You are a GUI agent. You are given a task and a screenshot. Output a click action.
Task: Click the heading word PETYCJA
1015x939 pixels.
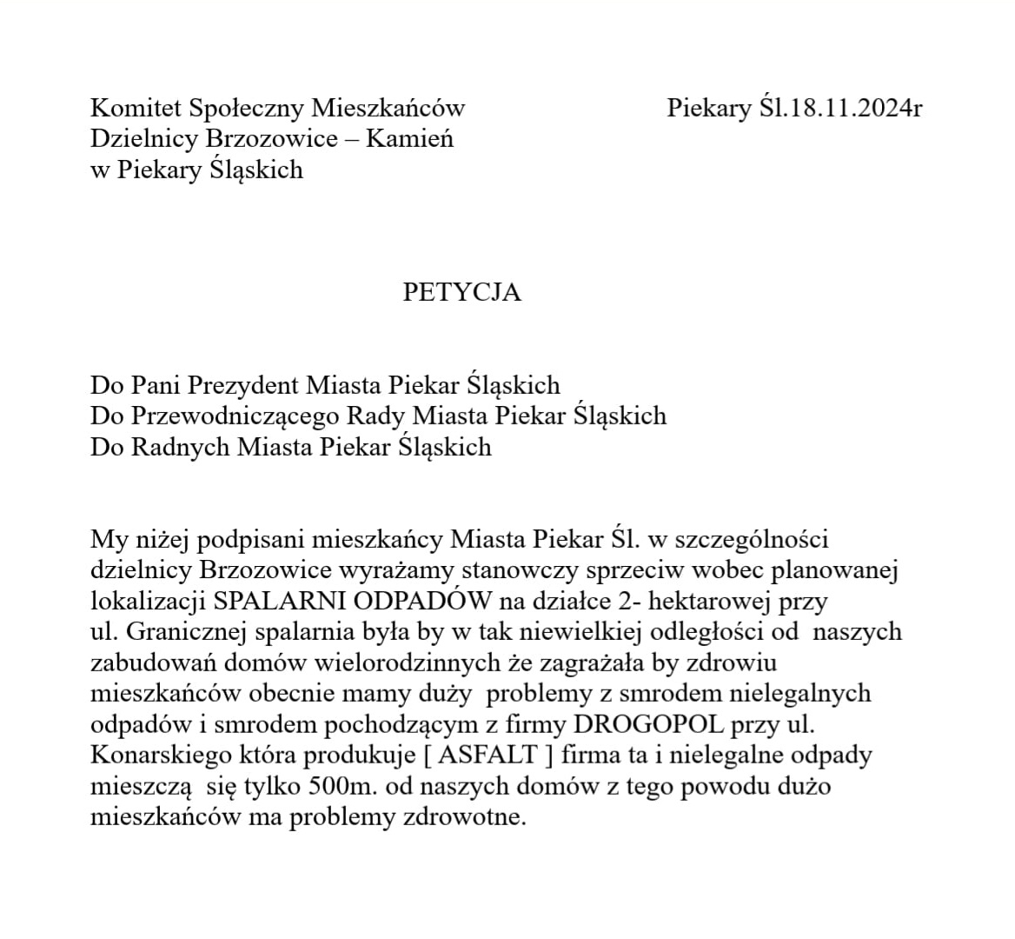[461, 292]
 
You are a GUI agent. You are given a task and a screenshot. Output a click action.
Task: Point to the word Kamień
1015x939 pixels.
[408, 138]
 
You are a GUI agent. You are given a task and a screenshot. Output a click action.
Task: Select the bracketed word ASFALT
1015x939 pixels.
[488, 755]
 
